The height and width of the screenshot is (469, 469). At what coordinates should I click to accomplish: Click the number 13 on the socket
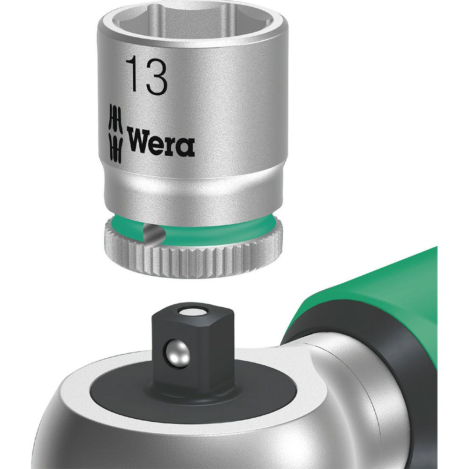(146, 76)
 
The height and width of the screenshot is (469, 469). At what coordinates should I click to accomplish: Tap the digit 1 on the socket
(132, 76)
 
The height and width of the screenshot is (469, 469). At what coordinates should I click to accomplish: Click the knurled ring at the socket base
(191, 254)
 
